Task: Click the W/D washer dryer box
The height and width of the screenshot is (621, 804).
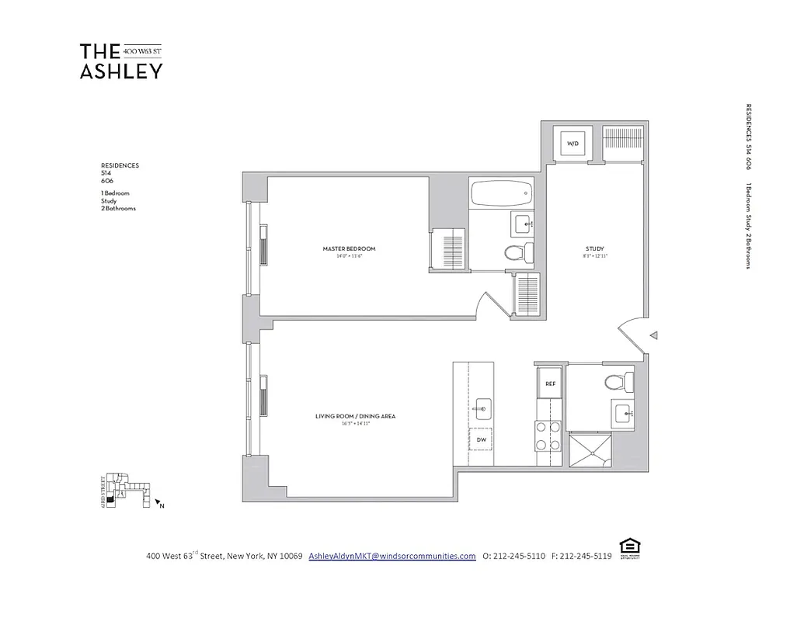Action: point(573,144)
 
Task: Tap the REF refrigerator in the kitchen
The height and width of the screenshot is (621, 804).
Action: point(550,383)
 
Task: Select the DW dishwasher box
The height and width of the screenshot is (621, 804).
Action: point(481,439)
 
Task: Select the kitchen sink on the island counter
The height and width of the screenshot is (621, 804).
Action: point(482,407)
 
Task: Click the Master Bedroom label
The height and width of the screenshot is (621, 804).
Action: point(349,249)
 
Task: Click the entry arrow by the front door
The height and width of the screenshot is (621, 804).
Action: point(654,335)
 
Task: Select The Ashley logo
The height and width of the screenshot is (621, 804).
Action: point(121,61)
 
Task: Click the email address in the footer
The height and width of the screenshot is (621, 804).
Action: point(392,556)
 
